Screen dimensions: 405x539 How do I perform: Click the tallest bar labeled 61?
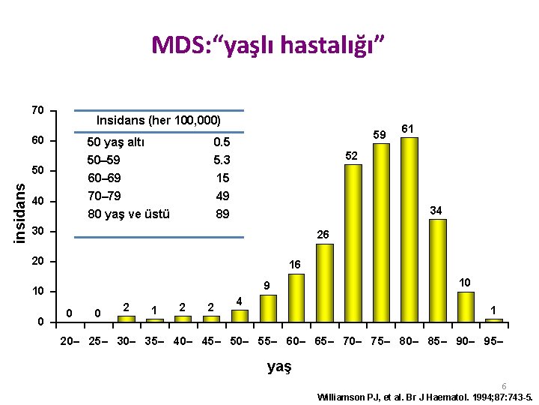click(x=409, y=229)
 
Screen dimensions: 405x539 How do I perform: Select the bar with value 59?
click(x=381, y=232)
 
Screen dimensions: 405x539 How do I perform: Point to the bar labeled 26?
click(x=325, y=282)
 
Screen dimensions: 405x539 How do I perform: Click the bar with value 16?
click(x=296, y=297)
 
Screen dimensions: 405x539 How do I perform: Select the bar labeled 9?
click(x=268, y=307)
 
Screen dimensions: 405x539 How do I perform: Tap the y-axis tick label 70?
click(x=37, y=111)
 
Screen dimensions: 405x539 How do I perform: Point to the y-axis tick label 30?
click(x=37, y=231)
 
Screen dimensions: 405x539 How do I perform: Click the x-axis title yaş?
click(x=278, y=367)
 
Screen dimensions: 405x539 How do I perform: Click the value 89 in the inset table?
click(x=222, y=214)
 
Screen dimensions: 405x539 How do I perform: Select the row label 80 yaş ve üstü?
click(x=129, y=214)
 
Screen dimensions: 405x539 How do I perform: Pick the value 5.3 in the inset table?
click(x=222, y=160)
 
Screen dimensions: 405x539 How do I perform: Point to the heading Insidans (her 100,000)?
click(x=158, y=121)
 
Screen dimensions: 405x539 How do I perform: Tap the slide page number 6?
click(x=504, y=385)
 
